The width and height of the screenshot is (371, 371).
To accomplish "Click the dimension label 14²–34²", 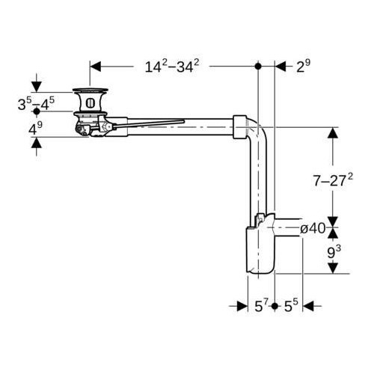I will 171,67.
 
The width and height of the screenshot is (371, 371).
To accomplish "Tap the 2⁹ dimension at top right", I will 303,67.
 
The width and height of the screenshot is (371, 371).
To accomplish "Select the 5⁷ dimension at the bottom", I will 261,306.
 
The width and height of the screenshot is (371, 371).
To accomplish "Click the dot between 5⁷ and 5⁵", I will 275,306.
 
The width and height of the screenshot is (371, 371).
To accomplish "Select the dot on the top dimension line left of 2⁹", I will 258,67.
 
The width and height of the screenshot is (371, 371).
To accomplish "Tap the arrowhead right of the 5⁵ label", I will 307,306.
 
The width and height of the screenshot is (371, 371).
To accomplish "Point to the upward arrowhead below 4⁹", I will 36,143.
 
